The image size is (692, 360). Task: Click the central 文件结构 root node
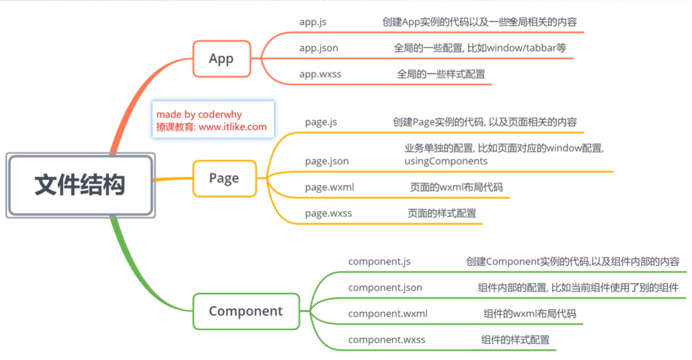tap(80, 185)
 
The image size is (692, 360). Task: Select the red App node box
tap(221, 59)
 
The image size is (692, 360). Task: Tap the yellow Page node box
tap(224, 178)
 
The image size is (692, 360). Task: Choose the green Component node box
tap(246, 311)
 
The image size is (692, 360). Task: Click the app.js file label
tap(313, 22)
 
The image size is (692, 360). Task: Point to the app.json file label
tap(319, 48)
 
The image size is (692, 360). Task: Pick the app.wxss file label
tap(319, 74)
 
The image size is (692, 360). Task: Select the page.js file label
tap(321, 122)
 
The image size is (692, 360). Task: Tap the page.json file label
tap(327, 161)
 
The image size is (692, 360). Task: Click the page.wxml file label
tap(329, 187)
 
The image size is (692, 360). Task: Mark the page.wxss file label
tap(328, 214)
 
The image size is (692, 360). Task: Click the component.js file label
tap(379, 262)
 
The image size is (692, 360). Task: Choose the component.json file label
tap(385, 288)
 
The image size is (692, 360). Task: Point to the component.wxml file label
tap(388, 313)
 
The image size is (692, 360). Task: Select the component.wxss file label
tap(386, 340)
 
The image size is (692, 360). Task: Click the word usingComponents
tap(446, 161)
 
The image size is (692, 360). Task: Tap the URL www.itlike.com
tap(233, 127)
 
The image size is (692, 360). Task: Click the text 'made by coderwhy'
tap(199, 115)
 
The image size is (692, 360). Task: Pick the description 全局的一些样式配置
tap(441, 74)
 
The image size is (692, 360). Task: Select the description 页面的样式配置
tap(442, 214)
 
